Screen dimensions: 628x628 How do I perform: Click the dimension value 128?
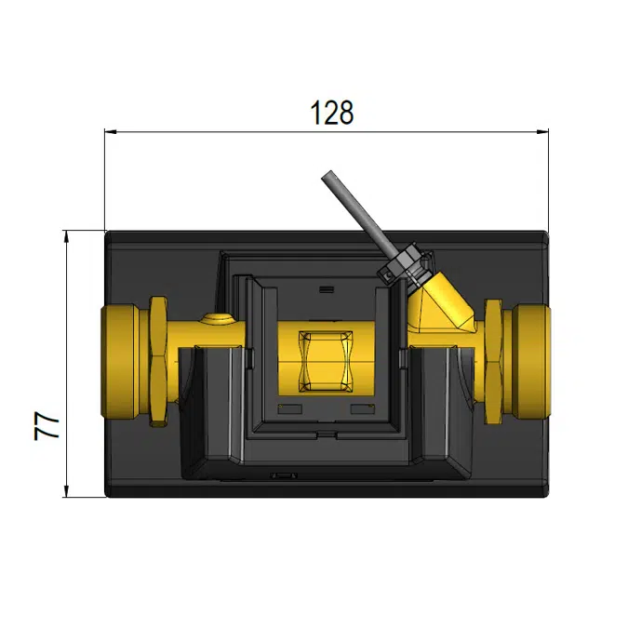pyautogui.click(x=332, y=113)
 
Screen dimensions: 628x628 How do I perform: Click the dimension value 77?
pyautogui.click(x=48, y=426)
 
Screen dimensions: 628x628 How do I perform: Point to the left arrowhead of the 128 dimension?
pyautogui.click(x=110, y=132)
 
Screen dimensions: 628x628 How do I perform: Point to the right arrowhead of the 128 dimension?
pyautogui.click(x=542, y=132)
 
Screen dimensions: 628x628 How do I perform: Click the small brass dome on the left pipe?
pyautogui.click(x=217, y=321)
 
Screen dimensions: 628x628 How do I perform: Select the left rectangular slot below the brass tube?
pyautogui.click(x=289, y=408)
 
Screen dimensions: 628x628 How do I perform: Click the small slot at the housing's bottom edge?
pyautogui.click(x=283, y=475)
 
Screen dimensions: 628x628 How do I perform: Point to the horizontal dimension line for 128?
pyautogui.click(x=233, y=132)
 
